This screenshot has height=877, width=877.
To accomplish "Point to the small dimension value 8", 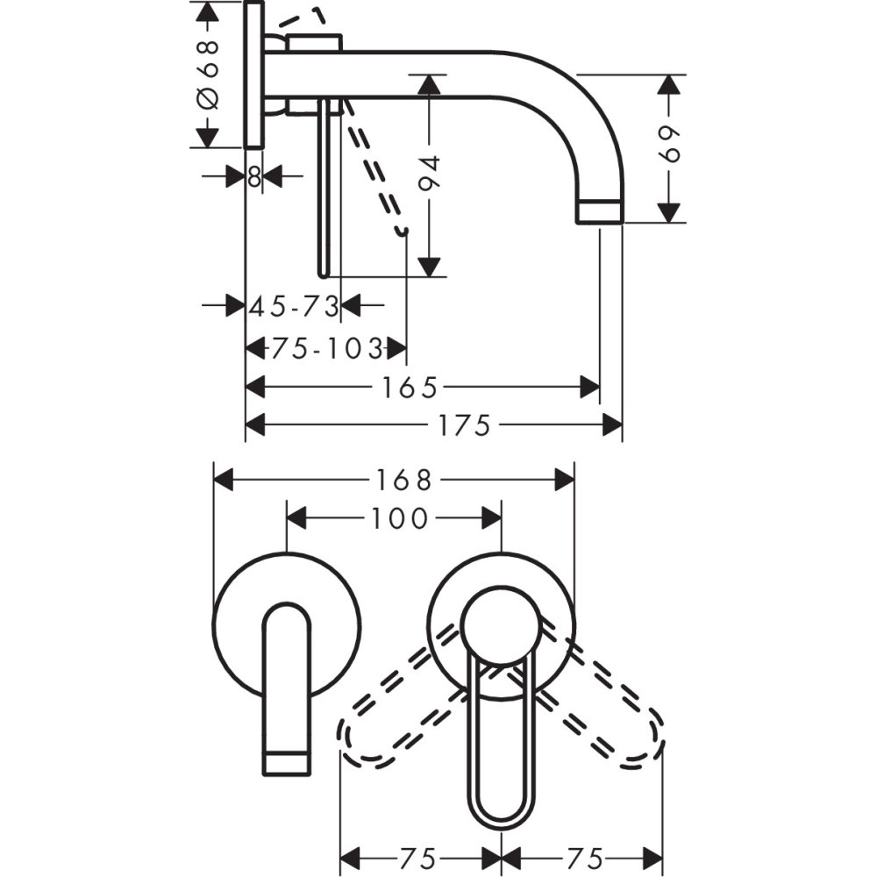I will [x=254, y=176].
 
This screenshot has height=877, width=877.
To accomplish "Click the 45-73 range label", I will [x=294, y=306].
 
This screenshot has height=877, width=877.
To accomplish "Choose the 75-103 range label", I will [x=326, y=349].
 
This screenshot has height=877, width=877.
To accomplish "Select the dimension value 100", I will [x=399, y=518].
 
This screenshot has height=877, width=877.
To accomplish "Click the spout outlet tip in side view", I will [x=600, y=210].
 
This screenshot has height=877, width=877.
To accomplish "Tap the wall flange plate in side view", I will [x=254, y=75].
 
